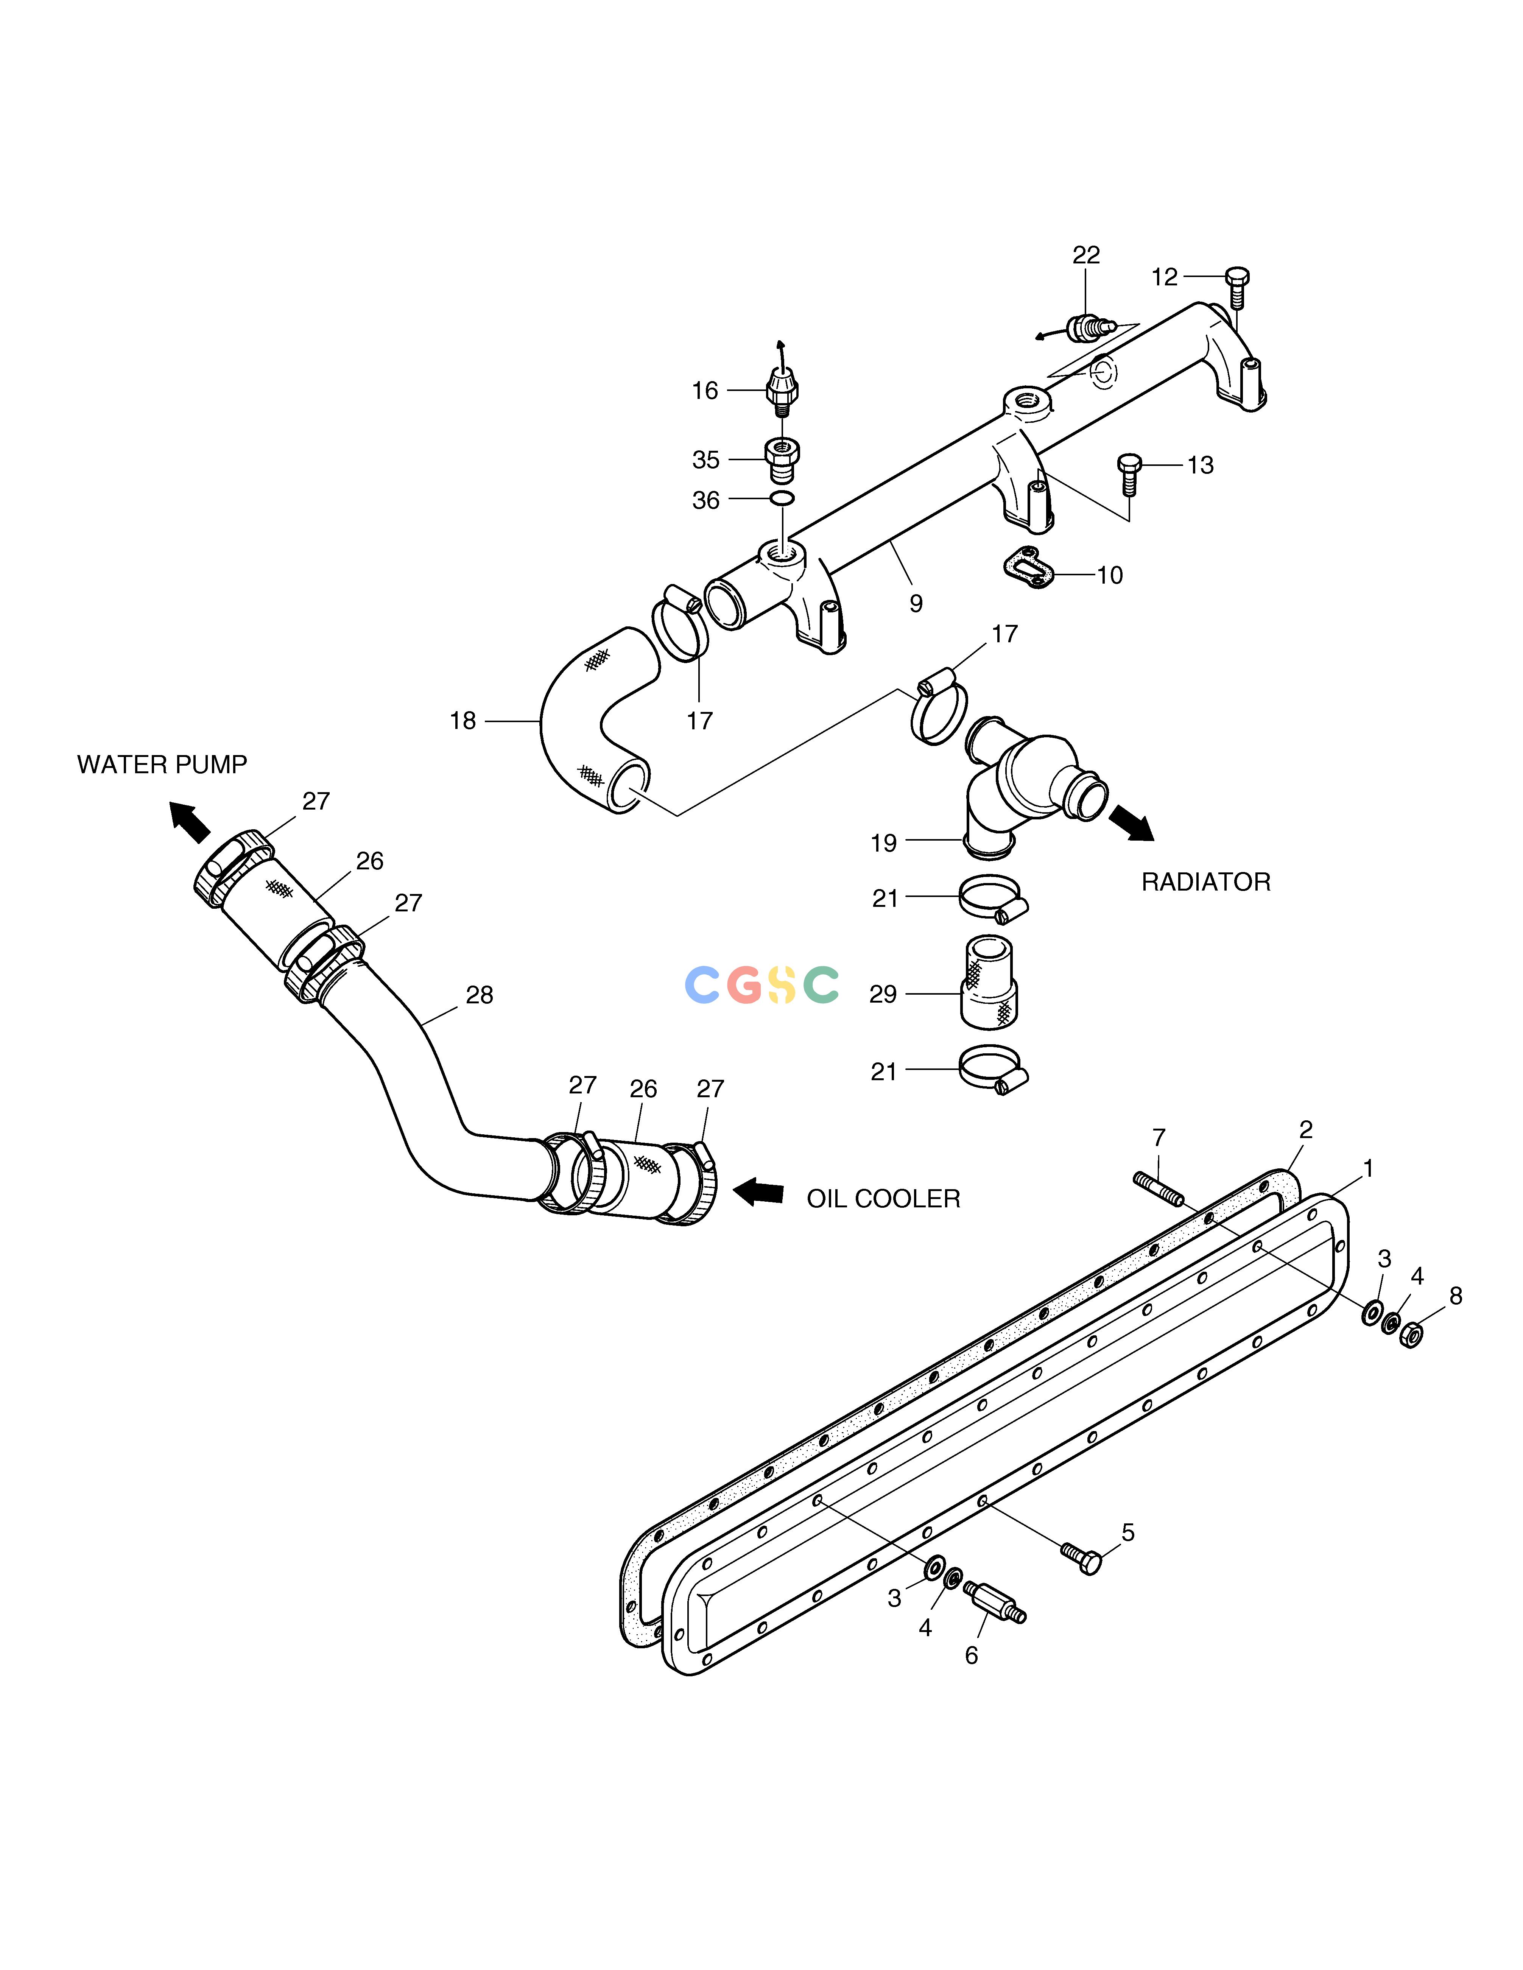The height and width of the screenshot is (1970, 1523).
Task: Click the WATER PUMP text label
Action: [162, 765]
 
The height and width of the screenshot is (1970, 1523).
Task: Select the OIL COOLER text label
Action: [883, 1199]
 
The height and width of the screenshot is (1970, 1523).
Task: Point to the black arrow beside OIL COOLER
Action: [758, 1191]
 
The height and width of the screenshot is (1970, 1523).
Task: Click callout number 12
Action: [1165, 278]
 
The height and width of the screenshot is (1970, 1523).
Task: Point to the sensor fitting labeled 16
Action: [781, 390]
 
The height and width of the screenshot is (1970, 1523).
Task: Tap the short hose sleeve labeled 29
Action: [989, 981]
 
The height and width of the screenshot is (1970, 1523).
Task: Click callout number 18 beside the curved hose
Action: [463, 722]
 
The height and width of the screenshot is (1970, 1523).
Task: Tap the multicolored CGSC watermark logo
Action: [761, 985]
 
